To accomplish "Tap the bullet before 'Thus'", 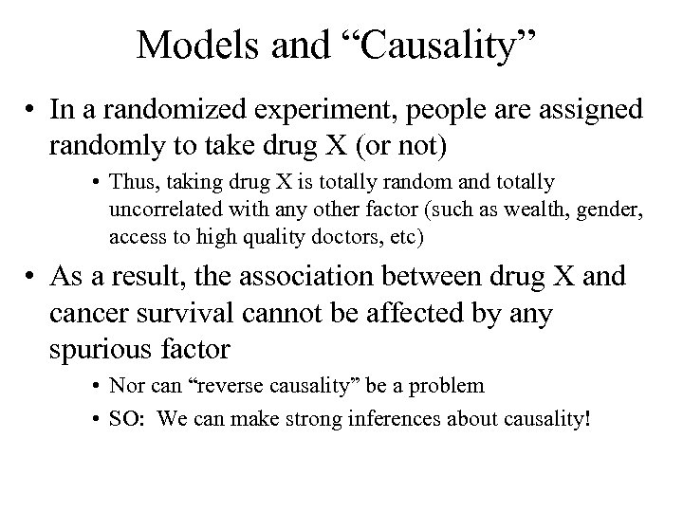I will click(98, 181).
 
